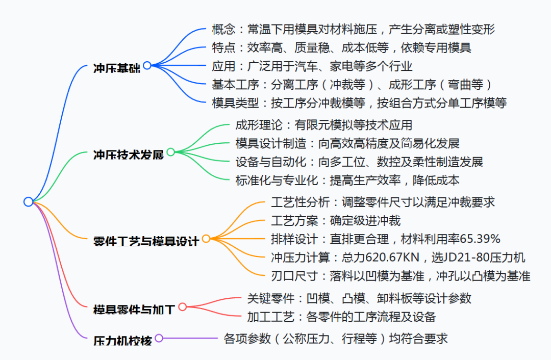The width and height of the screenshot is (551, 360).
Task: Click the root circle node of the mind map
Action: click(x=29, y=201)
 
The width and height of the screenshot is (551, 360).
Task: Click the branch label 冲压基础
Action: click(x=117, y=68)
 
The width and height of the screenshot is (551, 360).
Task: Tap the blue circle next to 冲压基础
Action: click(x=147, y=65)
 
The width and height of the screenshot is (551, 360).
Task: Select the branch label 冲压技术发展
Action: click(x=129, y=155)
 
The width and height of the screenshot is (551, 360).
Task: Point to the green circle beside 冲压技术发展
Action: click(x=171, y=152)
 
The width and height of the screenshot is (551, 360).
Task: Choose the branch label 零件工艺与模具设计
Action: click(x=146, y=241)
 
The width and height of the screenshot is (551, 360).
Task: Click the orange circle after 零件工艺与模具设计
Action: click(x=206, y=239)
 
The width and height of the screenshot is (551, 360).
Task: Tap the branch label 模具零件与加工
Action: click(x=134, y=310)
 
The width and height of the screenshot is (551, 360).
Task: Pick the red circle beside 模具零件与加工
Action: click(x=182, y=307)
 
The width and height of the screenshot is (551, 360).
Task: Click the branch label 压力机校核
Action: click(x=122, y=341)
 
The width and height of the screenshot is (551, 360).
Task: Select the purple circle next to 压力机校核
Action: click(x=159, y=338)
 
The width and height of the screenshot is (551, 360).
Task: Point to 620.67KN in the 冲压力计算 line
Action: click(x=392, y=258)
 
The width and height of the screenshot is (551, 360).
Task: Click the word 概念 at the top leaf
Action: click(x=224, y=29)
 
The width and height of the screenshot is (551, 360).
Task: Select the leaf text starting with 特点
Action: click(x=341, y=47)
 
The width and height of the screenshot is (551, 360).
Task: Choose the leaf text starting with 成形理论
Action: click(x=323, y=125)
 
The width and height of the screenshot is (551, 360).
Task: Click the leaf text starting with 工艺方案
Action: click(x=336, y=221)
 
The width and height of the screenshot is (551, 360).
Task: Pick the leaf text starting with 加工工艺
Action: click(x=341, y=317)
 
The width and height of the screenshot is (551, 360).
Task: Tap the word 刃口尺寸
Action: click(x=294, y=276)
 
